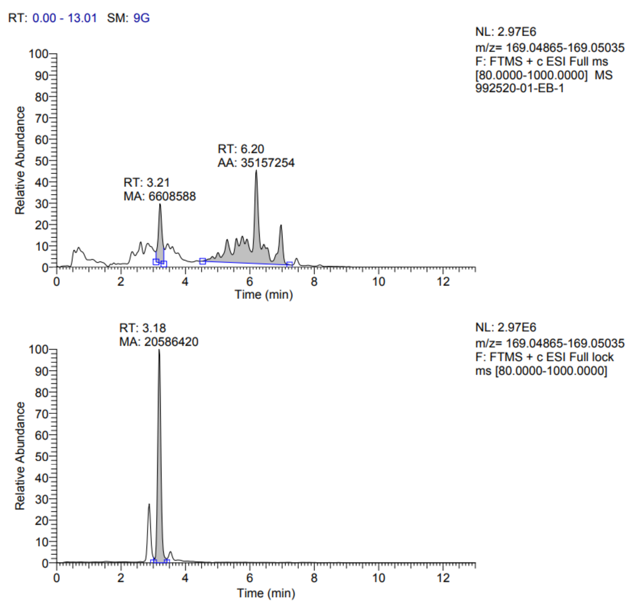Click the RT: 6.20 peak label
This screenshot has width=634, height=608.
pyautogui.click(x=241, y=149)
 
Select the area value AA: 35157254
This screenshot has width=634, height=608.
pyautogui.click(x=256, y=163)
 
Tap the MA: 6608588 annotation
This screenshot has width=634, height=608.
pyautogui.click(x=160, y=197)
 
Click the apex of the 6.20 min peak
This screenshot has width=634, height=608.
pyautogui.click(x=256, y=171)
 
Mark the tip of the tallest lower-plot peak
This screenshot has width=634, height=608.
pyautogui.click(x=159, y=350)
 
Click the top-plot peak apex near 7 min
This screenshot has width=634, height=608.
pyautogui.click(x=281, y=225)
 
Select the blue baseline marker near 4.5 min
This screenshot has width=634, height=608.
pyautogui.click(x=203, y=261)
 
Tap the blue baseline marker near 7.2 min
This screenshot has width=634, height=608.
pyautogui.click(x=290, y=265)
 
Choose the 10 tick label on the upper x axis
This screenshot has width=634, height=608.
pyautogui.click(x=378, y=282)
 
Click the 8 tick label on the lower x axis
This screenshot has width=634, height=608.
pyautogui.click(x=314, y=578)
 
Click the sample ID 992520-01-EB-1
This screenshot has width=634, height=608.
pyautogui.click(x=519, y=88)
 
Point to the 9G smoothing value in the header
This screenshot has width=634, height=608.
pyautogui.click(x=142, y=18)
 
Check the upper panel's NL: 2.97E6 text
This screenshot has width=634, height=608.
pyautogui.click(x=505, y=32)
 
